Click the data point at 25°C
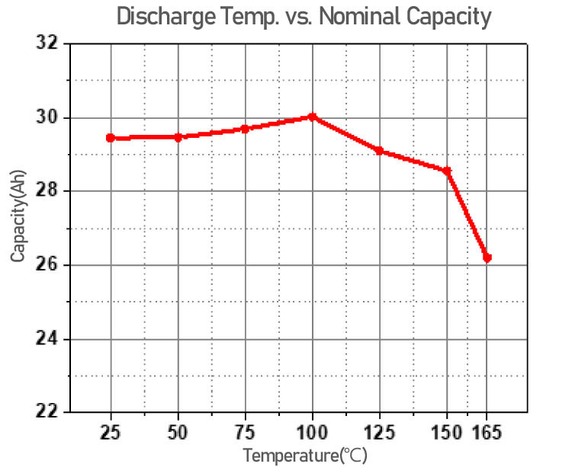(x=111, y=138)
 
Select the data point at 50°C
(x=178, y=137)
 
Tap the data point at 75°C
(x=245, y=129)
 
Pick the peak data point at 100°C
(x=312, y=117)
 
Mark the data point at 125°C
(x=379, y=151)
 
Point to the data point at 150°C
(x=447, y=171)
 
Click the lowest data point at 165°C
(x=487, y=257)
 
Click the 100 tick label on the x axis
(x=312, y=433)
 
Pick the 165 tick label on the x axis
(x=488, y=433)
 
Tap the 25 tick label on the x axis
(x=111, y=433)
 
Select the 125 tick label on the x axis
(x=379, y=433)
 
